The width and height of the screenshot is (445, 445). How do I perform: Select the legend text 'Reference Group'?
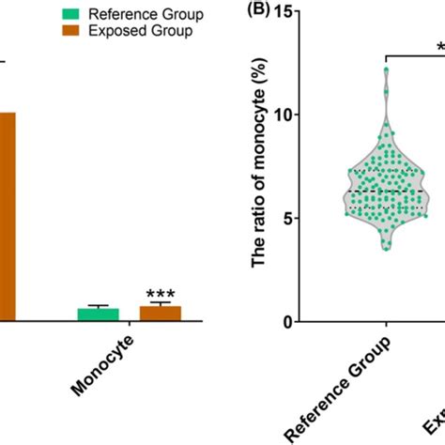click(145, 15)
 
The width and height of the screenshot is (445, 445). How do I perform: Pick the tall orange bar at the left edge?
click(7, 216)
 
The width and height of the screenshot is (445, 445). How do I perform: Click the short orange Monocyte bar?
click(160, 314)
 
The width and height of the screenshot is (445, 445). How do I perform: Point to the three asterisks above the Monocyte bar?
click(160, 294)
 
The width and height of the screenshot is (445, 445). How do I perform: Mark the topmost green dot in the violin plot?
click(386, 70)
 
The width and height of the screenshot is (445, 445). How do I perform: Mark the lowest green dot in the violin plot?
click(385, 248)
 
